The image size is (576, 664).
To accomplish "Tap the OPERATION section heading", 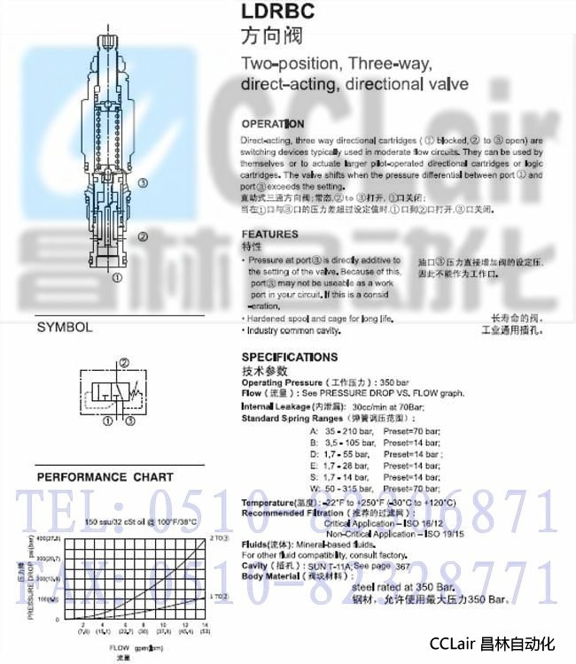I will (273, 124).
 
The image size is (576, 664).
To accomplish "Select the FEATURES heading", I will (270, 235).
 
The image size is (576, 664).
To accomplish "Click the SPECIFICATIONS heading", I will (290, 357).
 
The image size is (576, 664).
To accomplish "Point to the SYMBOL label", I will (65, 327).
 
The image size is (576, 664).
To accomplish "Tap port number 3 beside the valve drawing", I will (143, 182).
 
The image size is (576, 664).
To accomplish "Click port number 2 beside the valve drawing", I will (143, 236).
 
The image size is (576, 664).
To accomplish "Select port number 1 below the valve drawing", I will (116, 277).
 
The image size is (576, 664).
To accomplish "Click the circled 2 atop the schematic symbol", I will (124, 363).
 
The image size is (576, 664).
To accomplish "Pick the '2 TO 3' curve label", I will (219, 538).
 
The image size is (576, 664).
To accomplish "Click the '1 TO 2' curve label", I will (219, 597).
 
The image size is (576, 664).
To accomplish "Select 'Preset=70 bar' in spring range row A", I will (410, 429).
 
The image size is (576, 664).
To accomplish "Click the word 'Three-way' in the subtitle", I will (387, 65).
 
